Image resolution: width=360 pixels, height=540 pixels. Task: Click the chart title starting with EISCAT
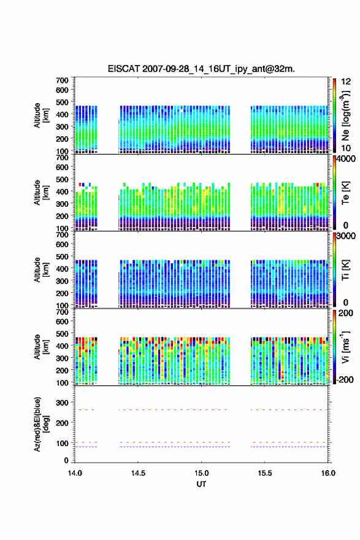pyautogui.click(x=201, y=69)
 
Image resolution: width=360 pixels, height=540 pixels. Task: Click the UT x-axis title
pyautogui.click(x=201, y=484)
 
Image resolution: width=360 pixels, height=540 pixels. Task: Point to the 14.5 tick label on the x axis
pyautogui.click(x=138, y=473)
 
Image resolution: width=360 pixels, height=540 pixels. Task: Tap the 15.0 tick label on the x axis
pyautogui.click(x=201, y=473)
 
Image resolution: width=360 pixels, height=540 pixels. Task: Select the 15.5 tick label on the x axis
pyautogui.click(x=265, y=473)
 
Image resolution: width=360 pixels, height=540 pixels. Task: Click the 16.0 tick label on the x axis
pyautogui.click(x=328, y=473)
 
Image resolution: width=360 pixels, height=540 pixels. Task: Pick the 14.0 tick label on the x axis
pyautogui.click(x=75, y=473)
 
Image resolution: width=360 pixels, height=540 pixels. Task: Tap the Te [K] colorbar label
pyautogui.click(x=345, y=193)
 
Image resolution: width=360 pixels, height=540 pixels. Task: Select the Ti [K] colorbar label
pyautogui.click(x=345, y=269)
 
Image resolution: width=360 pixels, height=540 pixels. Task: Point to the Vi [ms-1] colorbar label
pyautogui.click(x=345, y=347)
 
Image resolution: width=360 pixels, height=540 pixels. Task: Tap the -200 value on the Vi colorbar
pyautogui.click(x=344, y=379)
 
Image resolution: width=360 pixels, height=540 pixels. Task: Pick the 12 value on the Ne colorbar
pyautogui.click(x=346, y=82)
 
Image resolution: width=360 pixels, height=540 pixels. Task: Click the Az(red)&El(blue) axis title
pyautogui.click(x=41, y=424)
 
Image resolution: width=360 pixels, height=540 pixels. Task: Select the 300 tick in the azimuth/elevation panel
pyautogui.click(x=63, y=403)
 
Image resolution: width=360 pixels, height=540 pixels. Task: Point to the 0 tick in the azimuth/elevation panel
pyautogui.click(x=66, y=460)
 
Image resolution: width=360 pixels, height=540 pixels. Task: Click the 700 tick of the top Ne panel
pyautogui.click(x=63, y=80)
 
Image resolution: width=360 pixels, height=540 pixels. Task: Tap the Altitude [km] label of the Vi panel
pyautogui.click(x=41, y=347)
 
